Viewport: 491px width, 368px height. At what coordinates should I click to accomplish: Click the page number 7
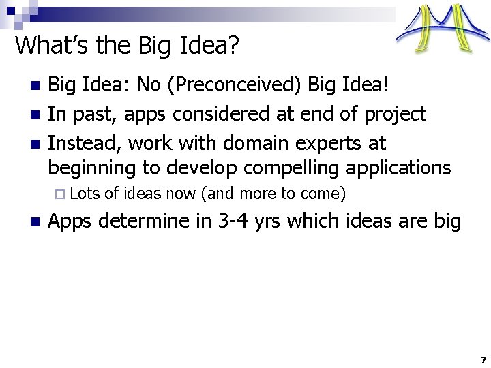click(483, 359)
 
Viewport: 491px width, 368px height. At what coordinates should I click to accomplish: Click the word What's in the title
click(46, 46)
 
